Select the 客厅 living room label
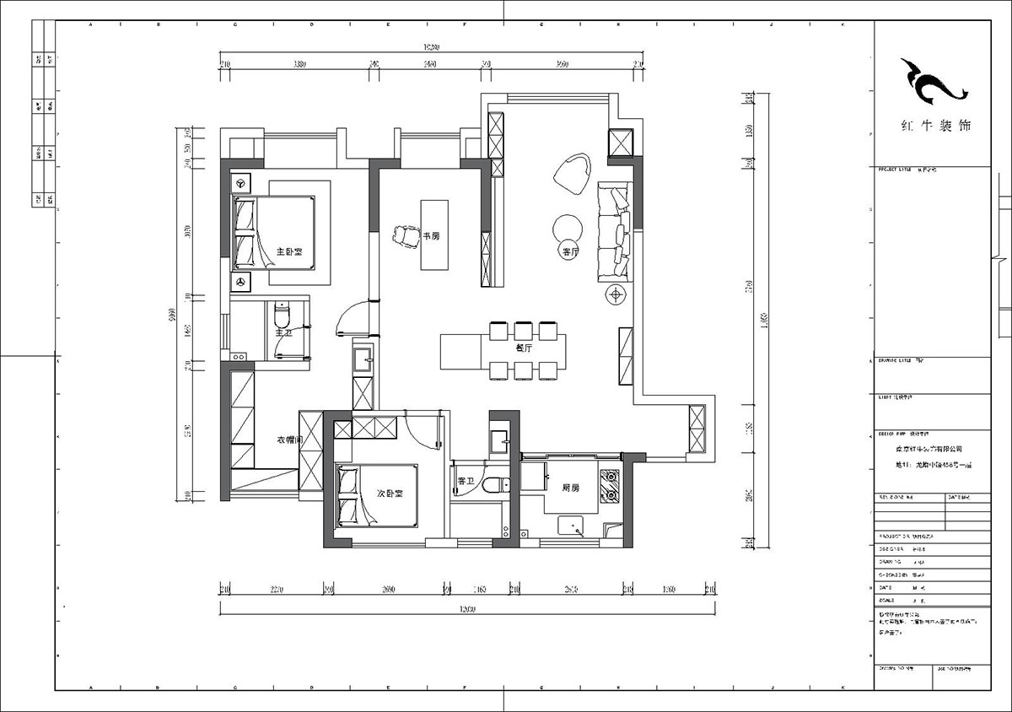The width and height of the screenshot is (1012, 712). coord(570,251)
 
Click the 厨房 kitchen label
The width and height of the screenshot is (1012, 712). coord(570,488)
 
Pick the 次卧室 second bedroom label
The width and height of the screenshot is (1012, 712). coord(389,494)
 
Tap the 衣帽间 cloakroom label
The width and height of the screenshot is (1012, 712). coord(290,440)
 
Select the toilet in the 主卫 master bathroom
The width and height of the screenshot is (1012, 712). coord(283,317)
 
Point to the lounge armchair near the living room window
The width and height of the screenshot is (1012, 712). coord(573,172)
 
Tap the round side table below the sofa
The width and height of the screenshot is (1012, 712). coord(616,294)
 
